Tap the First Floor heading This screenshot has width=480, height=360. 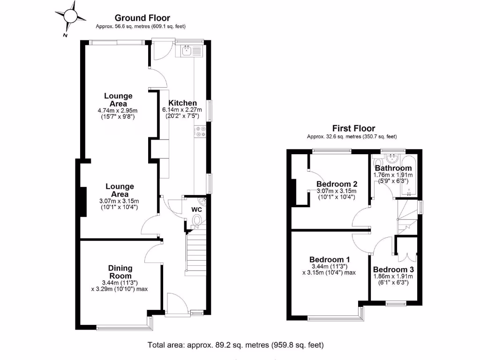tap(353, 128)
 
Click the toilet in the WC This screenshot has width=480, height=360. tap(197, 219)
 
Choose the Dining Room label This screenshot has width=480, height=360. tap(121, 272)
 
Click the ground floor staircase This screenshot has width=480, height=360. tap(196, 253)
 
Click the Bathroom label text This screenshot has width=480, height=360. tap(393, 168)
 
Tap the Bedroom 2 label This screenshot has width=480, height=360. tap(337, 184)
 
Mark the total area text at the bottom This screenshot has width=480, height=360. tap(236, 345)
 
